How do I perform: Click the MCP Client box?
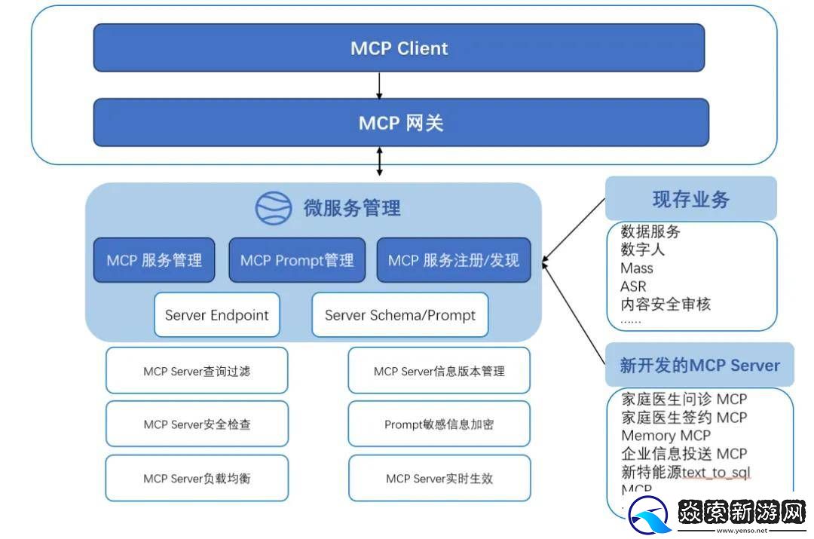(x=399, y=48)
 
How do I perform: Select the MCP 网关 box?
(x=401, y=122)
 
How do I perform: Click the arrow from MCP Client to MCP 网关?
(x=379, y=85)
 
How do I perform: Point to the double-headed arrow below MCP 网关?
(x=379, y=161)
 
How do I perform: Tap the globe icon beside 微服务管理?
(x=273, y=208)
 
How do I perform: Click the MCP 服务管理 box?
(x=154, y=261)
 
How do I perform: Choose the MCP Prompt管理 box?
(x=297, y=261)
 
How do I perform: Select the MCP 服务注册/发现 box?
(x=453, y=261)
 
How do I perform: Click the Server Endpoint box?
(x=217, y=315)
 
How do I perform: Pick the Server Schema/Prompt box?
(x=399, y=315)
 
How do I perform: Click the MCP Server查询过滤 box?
(x=197, y=371)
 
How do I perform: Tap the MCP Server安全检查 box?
(x=197, y=424)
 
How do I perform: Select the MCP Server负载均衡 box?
(x=197, y=479)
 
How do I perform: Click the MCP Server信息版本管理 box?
(x=439, y=371)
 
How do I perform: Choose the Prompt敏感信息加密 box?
(x=439, y=424)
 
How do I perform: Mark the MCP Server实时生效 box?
(x=439, y=479)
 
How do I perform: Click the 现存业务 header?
(x=690, y=200)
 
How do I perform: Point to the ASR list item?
(x=633, y=286)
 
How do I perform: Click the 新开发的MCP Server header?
(x=699, y=366)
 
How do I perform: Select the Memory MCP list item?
(x=666, y=436)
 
